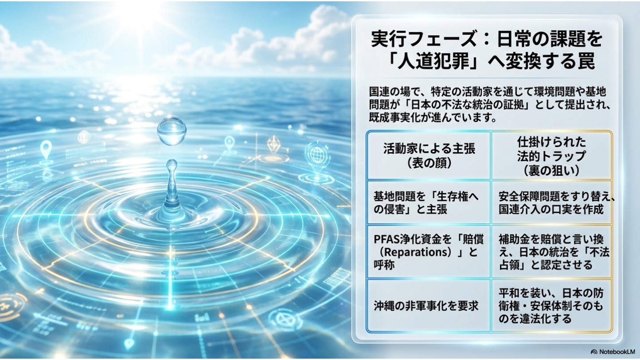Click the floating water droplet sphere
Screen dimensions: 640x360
(x=172, y=130)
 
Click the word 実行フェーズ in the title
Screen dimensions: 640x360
(x=423, y=39)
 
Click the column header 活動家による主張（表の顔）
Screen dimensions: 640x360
(x=429, y=156)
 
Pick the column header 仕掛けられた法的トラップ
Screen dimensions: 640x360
(x=551, y=156)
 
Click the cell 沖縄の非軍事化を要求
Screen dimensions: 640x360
(x=426, y=306)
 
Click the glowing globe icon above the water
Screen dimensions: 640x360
(x=316, y=154)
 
